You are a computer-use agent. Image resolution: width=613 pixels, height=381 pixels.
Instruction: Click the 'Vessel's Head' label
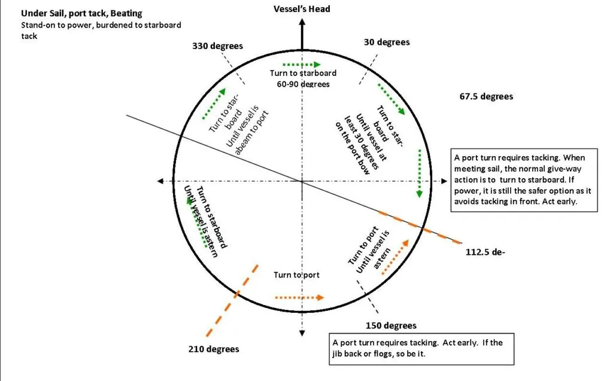click(302, 9)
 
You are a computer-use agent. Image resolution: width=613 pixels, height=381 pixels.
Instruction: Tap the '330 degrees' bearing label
click(217, 46)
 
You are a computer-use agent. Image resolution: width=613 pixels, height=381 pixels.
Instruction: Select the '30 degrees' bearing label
click(387, 42)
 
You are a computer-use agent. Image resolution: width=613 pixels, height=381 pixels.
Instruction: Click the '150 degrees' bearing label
click(391, 325)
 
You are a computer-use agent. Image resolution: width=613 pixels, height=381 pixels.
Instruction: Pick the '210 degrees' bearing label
click(214, 349)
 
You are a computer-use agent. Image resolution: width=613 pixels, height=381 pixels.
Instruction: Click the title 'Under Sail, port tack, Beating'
click(81, 13)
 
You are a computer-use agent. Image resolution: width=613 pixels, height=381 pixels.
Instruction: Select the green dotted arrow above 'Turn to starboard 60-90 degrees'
click(301, 64)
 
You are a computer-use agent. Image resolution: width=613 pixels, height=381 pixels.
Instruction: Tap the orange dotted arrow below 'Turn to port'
click(299, 297)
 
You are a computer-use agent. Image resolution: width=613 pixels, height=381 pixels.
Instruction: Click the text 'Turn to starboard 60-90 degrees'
click(303, 78)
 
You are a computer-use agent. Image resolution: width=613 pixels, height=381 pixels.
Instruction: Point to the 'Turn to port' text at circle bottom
click(297, 275)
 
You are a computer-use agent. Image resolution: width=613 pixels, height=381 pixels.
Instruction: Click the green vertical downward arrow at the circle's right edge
click(419, 173)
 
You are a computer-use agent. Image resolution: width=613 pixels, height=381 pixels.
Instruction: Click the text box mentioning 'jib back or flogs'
click(422, 349)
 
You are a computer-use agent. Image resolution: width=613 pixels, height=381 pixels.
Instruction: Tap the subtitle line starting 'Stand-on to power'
click(101, 31)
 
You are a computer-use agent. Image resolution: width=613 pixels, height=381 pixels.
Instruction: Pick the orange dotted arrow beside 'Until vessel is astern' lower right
click(395, 258)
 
